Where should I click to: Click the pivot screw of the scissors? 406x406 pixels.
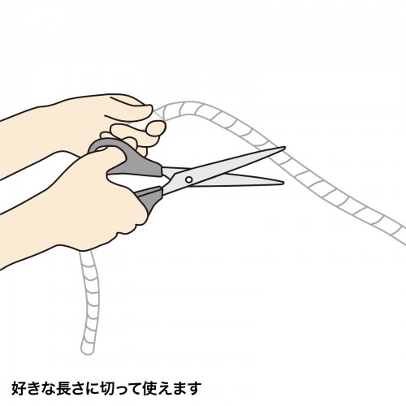coord(189,179)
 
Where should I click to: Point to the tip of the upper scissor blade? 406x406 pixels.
coord(284,149)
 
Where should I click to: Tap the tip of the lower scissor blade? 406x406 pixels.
coord(283,184)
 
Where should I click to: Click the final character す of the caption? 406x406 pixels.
coord(193,387)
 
